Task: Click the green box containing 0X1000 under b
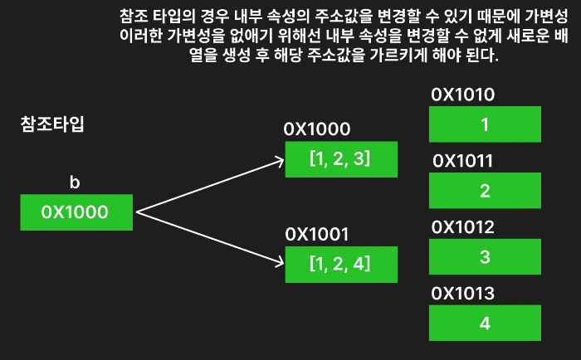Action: click(76, 212)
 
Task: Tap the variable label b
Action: click(76, 182)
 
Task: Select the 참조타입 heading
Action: click(52, 126)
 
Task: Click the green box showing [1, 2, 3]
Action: click(339, 159)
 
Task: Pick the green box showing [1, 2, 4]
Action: click(339, 265)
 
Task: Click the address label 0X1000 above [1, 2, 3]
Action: click(317, 129)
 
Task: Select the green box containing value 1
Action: click(485, 125)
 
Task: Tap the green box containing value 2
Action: click(485, 191)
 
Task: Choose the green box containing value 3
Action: click(485, 256)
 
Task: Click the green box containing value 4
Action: click(485, 322)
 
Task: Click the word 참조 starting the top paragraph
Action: click(134, 16)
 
